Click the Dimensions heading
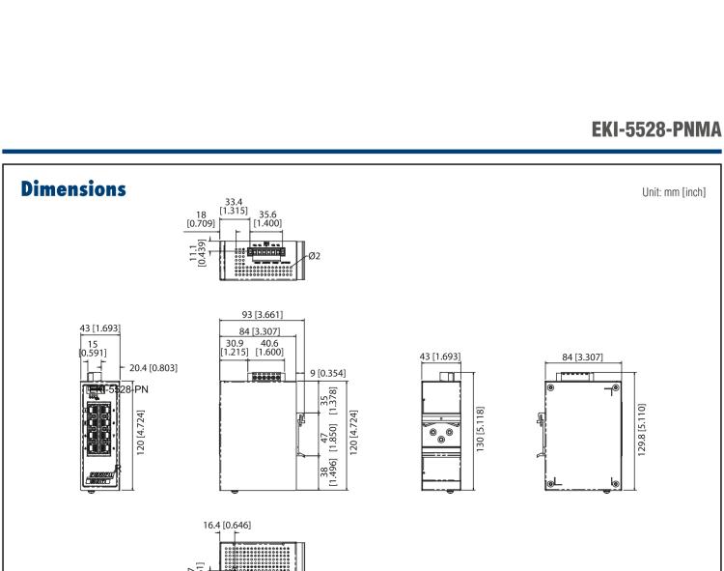pyautogui.click(x=71, y=190)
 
